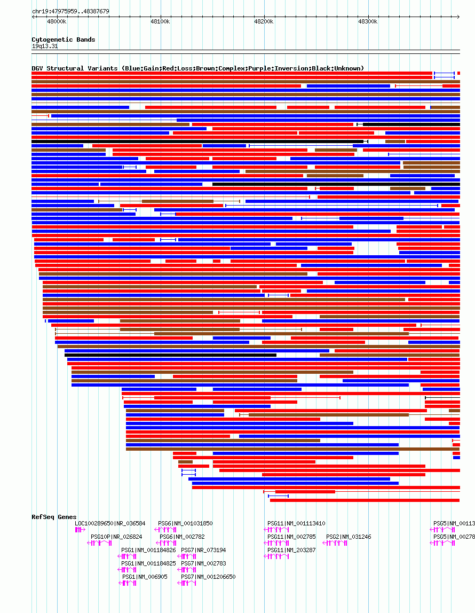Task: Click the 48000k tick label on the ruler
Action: tap(57, 21)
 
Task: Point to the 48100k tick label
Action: tap(160, 21)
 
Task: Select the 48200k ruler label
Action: tap(264, 21)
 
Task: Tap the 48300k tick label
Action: tap(367, 21)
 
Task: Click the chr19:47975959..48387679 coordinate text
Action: tap(70, 11)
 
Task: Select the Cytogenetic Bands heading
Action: tap(64, 40)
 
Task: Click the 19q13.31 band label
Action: tap(45, 46)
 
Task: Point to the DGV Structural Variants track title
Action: tap(197, 68)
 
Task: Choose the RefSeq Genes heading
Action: tap(54, 517)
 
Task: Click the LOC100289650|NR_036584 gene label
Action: tap(110, 523)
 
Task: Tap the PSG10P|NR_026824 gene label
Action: tap(116, 537)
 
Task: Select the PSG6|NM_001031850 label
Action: tap(185, 523)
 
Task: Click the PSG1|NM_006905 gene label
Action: tap(145, 577)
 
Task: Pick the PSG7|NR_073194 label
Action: tap(203, 550)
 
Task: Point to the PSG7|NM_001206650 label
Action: tap(208, 577)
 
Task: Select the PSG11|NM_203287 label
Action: tap(291, 550)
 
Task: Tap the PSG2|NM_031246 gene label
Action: tap(349, 537)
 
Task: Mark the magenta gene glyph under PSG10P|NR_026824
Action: tap(101, 543)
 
